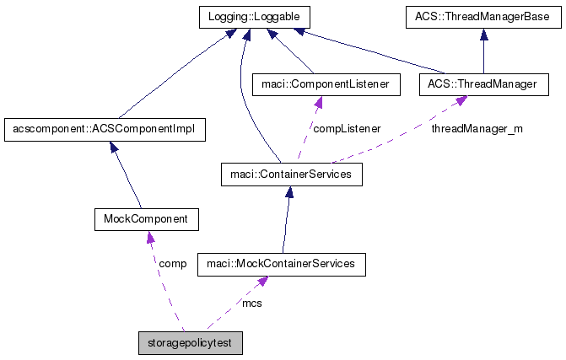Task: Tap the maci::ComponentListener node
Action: click(315, 84)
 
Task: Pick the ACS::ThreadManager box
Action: click(477, 84)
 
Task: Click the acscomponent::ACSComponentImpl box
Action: click(105, 130)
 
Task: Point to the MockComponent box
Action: click(146, 219)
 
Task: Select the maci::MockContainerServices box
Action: click(282, 264)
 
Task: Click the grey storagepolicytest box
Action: click(191, 343)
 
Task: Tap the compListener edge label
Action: click(346, 129)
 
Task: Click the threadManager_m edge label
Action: click(477, 129)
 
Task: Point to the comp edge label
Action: click(172, 263)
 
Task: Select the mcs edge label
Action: click(251, 302)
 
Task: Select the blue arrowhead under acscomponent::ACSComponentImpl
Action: click(113, 146)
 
